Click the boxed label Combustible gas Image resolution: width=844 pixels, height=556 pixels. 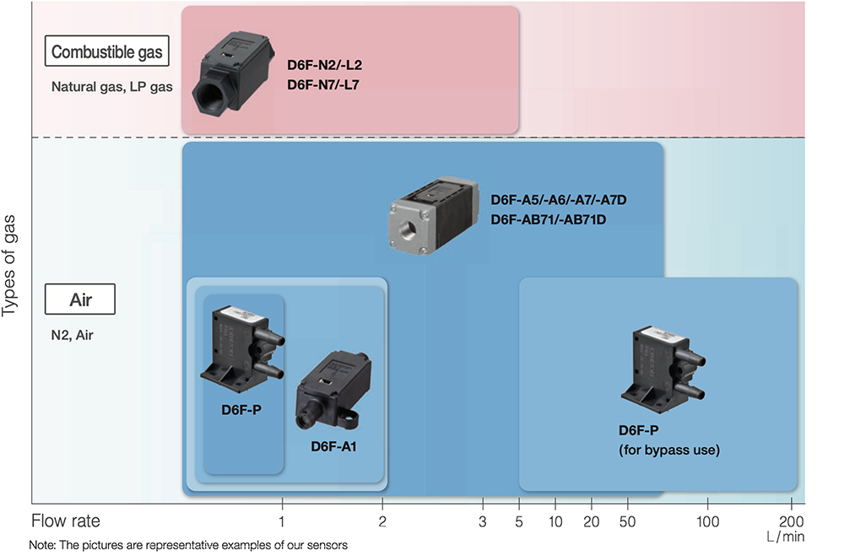coord(106,52)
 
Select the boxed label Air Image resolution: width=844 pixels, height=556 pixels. coord(79,300)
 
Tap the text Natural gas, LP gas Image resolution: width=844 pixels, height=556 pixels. coord(112,86)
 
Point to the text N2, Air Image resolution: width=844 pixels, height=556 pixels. coord(73,335)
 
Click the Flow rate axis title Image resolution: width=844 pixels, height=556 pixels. coord(66,521)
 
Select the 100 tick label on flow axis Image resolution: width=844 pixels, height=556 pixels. coord(707,521)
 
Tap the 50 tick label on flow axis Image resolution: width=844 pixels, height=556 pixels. coord(627,521)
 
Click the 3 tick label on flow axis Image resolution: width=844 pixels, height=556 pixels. coord(483,521)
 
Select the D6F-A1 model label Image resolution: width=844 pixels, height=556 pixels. coord(333,446)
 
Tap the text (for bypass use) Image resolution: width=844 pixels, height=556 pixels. coord(669,450)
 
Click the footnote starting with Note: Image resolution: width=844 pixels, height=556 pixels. coord(187,545)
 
